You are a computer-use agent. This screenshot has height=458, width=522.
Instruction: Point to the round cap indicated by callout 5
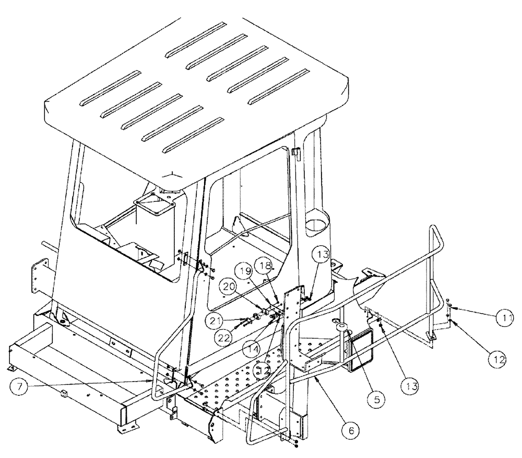(342, 328)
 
